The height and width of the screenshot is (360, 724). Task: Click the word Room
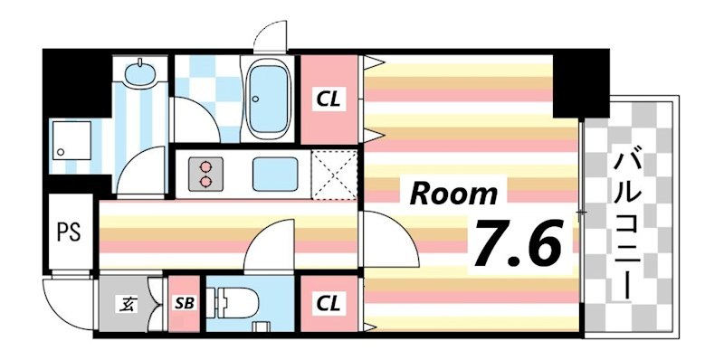455,193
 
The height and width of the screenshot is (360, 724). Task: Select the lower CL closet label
328,305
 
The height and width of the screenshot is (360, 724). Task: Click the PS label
69,232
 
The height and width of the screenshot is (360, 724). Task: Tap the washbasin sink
139,71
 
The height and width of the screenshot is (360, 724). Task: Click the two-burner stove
205,172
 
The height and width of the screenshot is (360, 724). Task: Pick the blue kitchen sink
273,171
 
